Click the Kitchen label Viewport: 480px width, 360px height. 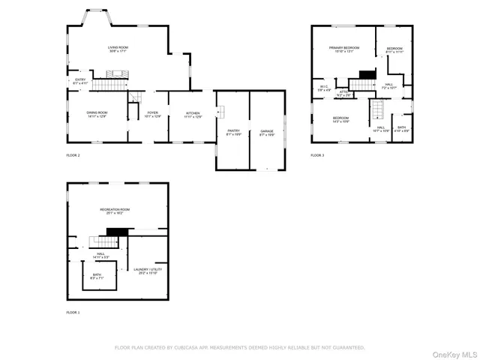click(x=193, y=115)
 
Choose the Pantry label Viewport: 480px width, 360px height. click(x=232, y=132)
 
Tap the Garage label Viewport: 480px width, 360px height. click(x=266, y=132)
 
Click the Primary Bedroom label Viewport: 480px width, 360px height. click(x=343, y=49)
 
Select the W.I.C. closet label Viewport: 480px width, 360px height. click(x=323, y=88)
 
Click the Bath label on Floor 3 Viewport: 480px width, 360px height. click(x=402, y=129)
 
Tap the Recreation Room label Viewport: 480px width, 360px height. click(x=116, y=211)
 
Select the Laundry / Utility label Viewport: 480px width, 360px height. click(x=145, y=271)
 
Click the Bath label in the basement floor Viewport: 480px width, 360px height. click(x=97, y=276)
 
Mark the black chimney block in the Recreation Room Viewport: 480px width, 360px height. click(x=112, y=232)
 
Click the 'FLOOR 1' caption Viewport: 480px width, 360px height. click(x=73, y=312)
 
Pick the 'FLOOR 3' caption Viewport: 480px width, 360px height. click(x=317, y=155)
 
